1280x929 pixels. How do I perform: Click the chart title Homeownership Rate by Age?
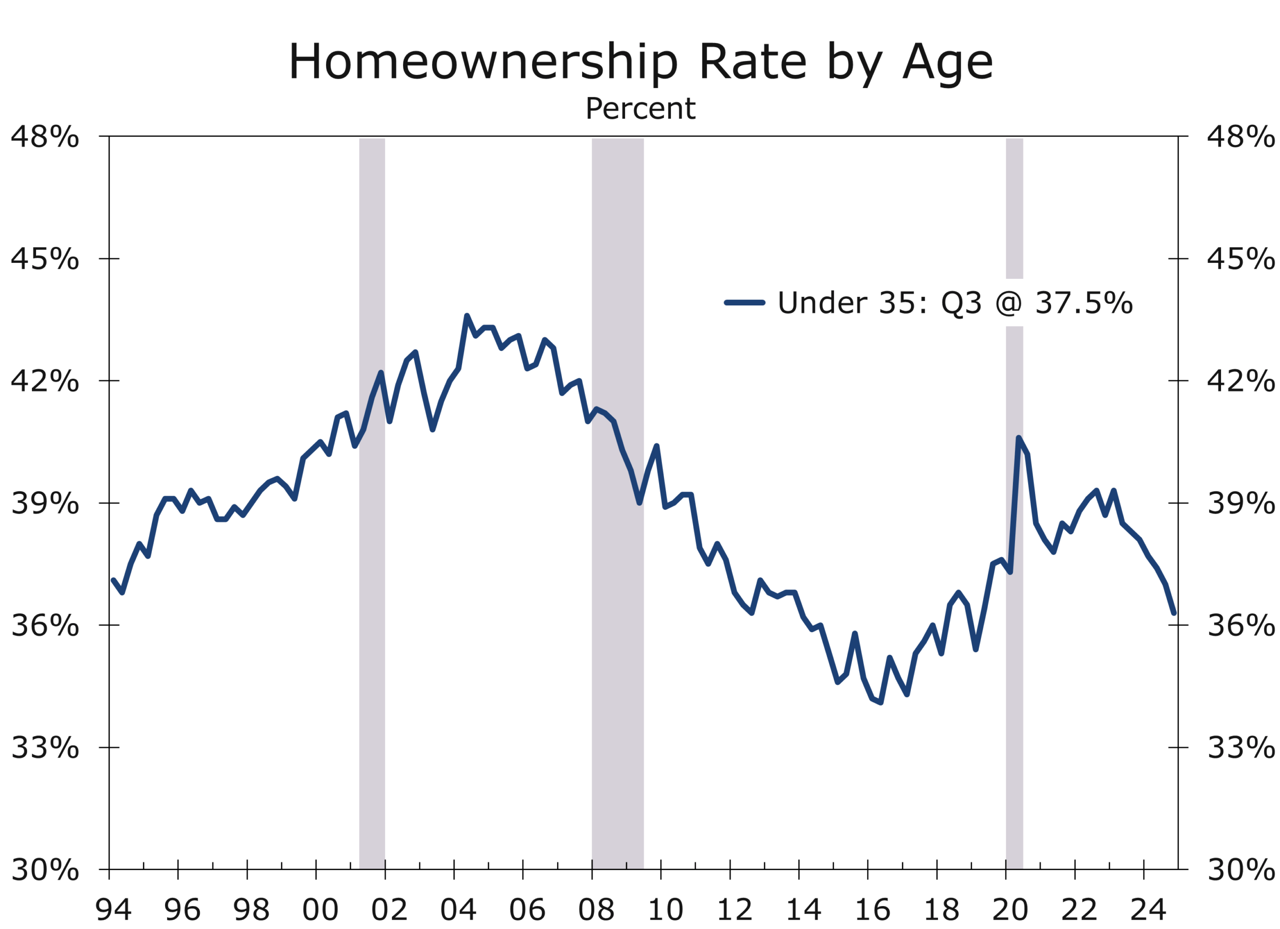pyautogui.click(x=640, y=62)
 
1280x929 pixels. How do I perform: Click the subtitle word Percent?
pyautogui.click(x=640, y=108)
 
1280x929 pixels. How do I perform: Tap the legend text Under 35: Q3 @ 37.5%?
pyautogui.click(x=954, y=303)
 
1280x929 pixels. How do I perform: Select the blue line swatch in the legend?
pyautogui.click(x=744, y=303)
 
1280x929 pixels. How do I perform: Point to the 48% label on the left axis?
pyautogui.click(x=44, y=136)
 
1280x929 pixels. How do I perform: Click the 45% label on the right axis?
pyautogui.click(x=1240, y=259)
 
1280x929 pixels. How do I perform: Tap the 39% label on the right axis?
pyautogui.click(x=1240, y=503)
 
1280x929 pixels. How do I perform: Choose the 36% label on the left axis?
pyautogui.click(x=44, y=625)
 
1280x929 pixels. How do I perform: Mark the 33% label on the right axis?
pyautogui.click(x=1240, y=748)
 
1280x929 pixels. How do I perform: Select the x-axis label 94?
pyautogui.click(x=113, y=909)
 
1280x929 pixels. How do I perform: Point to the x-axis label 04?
pyautogui.click(x=457, y=909)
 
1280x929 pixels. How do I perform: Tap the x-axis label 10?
pyautogui.click(x=665, y=909)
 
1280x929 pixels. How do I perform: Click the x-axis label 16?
pyautogui.click(x=872, y=909)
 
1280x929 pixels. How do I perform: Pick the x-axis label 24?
pyautogui.click(x=1148, y=909)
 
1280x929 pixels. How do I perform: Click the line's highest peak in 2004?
pyautogui.click(x=466, y=316)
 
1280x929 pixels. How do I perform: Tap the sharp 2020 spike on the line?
pyautogui.click(x=1018, y=438)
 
